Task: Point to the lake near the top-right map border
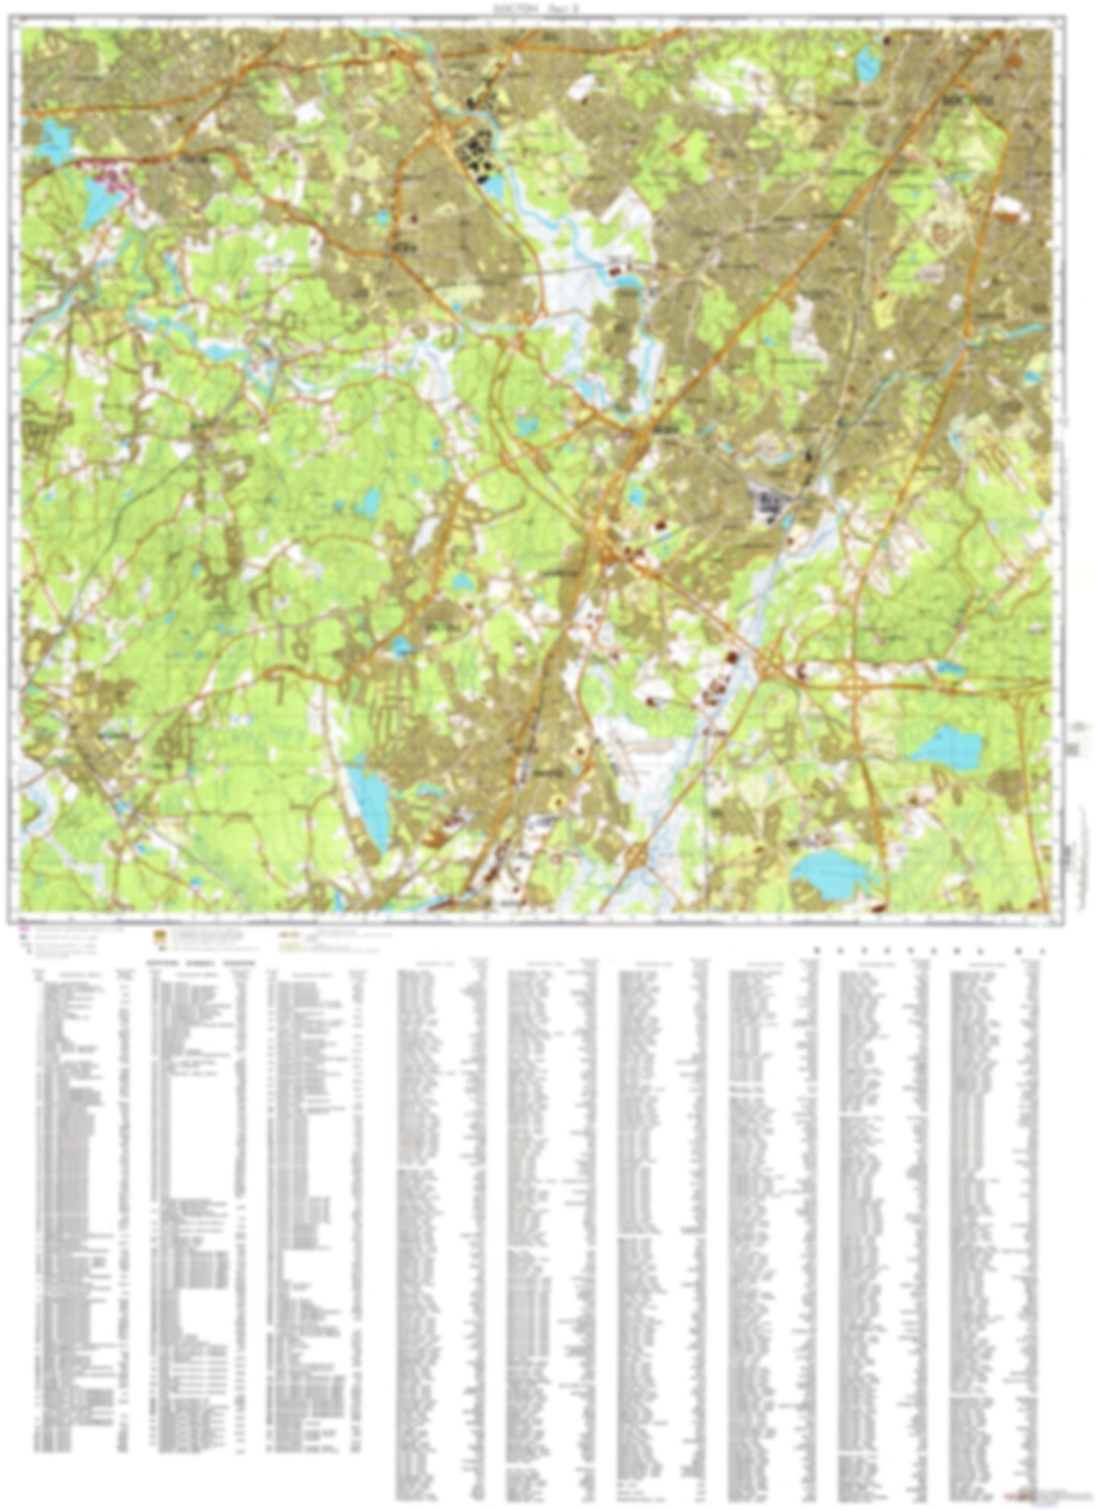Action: tap(866, 64)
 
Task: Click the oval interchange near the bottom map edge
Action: tap(636, 858)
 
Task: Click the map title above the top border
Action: tap(536, 6)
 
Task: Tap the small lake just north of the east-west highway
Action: tap(950, 669)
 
